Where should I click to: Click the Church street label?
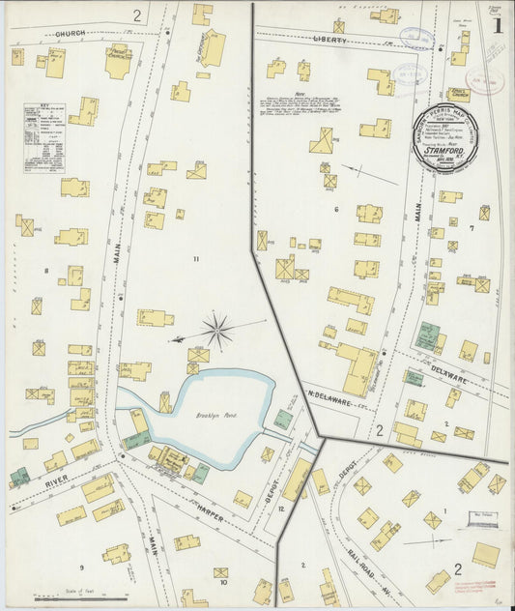70,34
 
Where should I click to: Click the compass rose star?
217,332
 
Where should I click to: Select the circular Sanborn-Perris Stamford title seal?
449,138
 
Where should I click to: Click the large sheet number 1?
497,26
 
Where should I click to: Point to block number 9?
81,567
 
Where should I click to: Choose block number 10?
222,583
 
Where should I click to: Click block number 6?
336,209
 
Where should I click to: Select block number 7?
472,228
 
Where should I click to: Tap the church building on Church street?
118,62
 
